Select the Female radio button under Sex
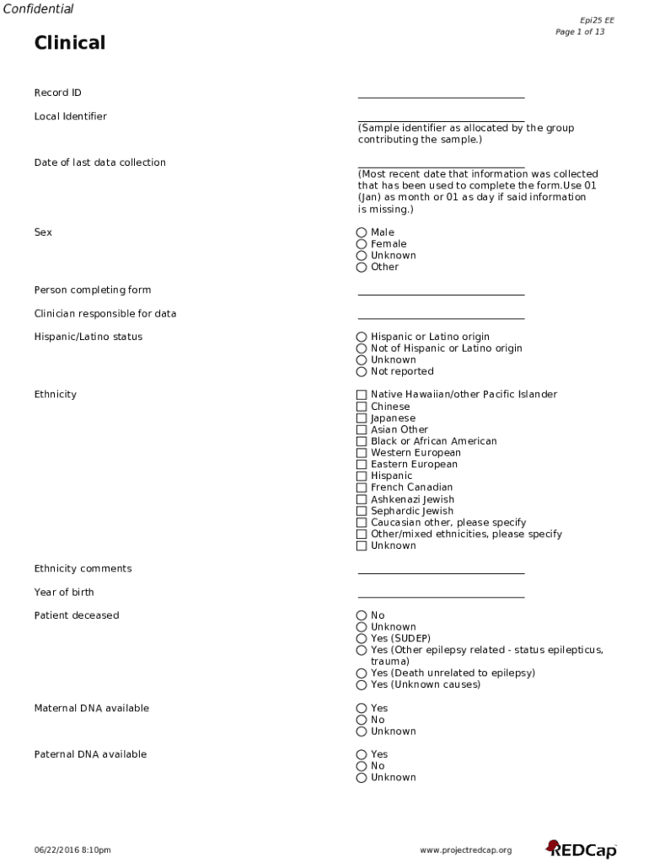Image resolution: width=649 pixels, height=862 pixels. point(362,244)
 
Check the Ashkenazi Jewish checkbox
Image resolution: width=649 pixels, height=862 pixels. point(362,499)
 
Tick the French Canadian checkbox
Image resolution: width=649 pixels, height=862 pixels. point(362,487)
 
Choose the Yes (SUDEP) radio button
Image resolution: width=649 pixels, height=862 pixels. point(362,638)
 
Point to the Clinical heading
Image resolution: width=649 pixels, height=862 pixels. point(70,43)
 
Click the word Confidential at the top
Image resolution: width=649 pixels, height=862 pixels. point(38,9)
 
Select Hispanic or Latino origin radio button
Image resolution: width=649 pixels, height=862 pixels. point(362,337)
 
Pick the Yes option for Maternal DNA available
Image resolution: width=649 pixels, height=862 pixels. point(362,709)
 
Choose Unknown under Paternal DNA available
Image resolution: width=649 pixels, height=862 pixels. point(362,778)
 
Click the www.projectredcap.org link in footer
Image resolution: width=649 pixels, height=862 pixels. point(465,850)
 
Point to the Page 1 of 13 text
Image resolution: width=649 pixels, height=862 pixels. point(579,32)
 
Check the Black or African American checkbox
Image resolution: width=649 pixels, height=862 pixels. point(362,441)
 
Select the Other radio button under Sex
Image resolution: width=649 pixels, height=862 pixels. point(362,267)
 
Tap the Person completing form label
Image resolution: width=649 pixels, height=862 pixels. point(93,290)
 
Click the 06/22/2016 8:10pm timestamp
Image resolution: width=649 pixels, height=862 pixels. point(72,850)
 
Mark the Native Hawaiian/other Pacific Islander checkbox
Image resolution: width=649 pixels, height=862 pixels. point(362,395)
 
